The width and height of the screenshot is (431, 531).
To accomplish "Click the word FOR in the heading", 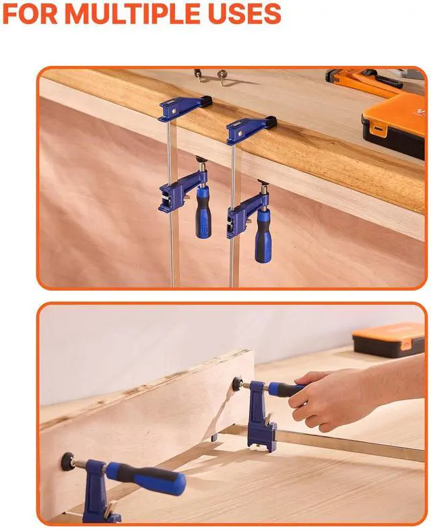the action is (x=30, y=13).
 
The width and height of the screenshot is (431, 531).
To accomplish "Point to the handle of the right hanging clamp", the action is (x=263, y=236).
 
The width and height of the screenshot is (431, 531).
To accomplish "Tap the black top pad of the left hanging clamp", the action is (x=205, y=100).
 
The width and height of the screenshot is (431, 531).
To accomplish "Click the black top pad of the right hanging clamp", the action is (x=271, y=121).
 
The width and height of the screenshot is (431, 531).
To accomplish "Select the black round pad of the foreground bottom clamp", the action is (x=68, y=461).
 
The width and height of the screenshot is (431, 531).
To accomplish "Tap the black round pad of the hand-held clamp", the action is (x=237, y=384).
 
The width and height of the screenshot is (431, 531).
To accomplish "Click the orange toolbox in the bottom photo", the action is (x=389, y=341).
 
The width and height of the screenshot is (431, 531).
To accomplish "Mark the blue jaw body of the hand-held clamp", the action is (x=259, y=416).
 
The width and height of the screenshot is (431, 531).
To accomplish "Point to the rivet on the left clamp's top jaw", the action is (x=174, y=111).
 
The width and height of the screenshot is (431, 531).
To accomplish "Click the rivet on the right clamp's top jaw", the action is (x=240, y=134).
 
